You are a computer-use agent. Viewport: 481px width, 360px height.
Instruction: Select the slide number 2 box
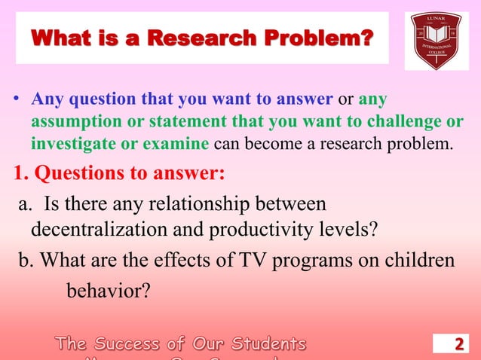point(458,345)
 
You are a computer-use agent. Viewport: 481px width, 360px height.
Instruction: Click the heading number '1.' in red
point(21,173)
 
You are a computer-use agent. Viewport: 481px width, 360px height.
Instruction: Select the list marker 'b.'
point(27,260)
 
